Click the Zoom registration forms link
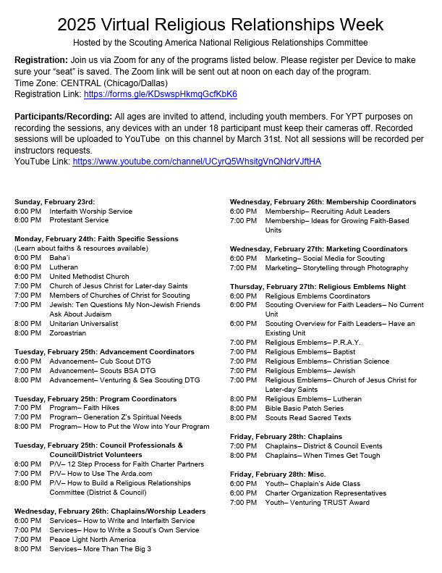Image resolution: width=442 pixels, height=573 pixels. click(x=160, y=94)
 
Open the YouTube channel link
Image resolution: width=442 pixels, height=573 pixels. click(x=197, y=162)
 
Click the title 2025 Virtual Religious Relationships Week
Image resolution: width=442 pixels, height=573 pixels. click(x=221, y=25)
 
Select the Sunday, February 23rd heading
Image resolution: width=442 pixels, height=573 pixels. click(x=54, y=201)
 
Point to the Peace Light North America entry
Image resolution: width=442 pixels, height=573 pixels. click(x=93, y=539)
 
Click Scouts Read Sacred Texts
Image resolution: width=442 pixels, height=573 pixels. click(x=308, y=417)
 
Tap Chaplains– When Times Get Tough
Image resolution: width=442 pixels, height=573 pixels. click(x=323, y=455)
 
